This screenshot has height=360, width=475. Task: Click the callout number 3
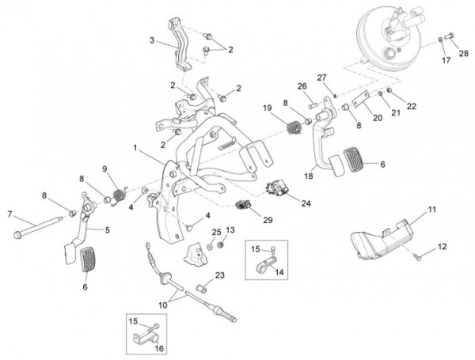tap(151, 40)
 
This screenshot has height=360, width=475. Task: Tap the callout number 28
tap(463, 53)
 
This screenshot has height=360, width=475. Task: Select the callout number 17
tap(445, 59)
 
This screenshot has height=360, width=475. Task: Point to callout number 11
tap(432, 209)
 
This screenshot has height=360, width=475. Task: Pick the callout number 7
tap(9, 214)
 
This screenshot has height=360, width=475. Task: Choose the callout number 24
tap(306, 202)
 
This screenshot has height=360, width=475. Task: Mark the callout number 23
tap(220, 275)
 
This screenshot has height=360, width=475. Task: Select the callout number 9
tap(104, 168)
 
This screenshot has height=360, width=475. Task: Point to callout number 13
tap(231, 229)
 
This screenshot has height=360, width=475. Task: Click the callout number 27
tap(322, 77)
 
